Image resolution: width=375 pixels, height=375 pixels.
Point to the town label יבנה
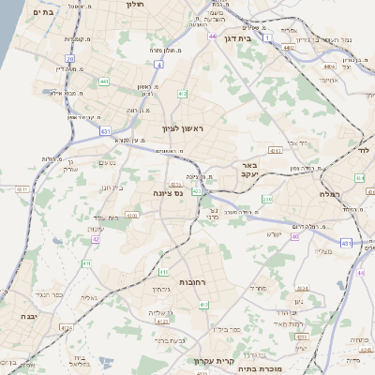17,318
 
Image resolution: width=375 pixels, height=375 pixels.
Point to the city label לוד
365,150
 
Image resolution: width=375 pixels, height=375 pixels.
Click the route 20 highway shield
69,58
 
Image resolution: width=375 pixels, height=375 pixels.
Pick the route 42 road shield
96,238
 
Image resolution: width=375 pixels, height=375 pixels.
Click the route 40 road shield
294,236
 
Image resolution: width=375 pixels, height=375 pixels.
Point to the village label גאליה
86,296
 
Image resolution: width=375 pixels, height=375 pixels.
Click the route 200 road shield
266,199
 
